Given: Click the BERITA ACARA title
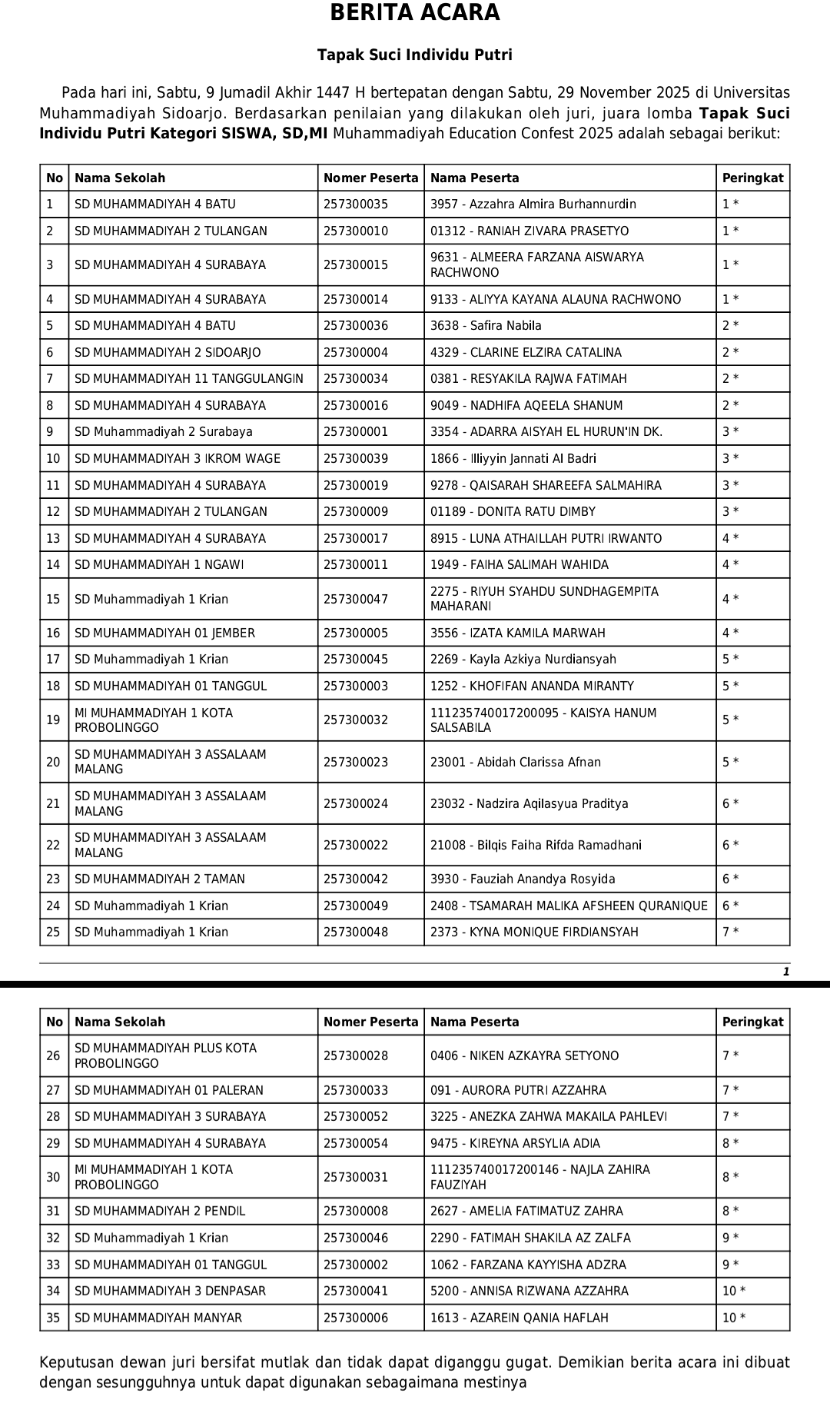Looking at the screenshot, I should pos(415,13).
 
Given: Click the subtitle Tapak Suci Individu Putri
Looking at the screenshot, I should pos(415,55).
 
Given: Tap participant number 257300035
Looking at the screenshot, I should pos(356,204).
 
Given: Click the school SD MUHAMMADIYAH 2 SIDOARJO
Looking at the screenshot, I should pos(168,353).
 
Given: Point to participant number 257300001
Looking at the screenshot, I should pos(356,432).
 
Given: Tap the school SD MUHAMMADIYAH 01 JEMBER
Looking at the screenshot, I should pos(164,633).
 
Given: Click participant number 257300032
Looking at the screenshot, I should pos(356,720).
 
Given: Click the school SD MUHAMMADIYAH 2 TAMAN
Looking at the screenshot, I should pos(160,879).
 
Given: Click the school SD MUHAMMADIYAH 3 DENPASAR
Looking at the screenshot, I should pos(170,1292).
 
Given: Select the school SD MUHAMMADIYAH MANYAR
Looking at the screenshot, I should pos(158,1318).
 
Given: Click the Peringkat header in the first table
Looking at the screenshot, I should pos(752,178).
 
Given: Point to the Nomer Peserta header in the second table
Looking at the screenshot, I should pos(370,1022).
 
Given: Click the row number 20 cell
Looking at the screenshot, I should pos(53,763).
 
